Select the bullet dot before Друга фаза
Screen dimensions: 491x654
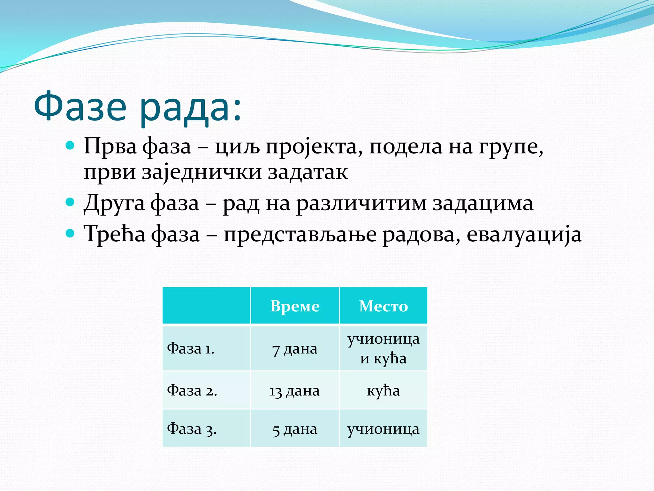[70, 202]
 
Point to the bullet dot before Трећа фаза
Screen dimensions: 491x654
[70, 233]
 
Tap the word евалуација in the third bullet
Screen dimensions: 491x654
[524, 235]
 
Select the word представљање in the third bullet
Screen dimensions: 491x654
[300, 235]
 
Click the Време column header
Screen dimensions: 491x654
[295, 306]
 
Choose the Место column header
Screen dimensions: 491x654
[383, 306]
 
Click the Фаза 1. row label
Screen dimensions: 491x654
[191, 348]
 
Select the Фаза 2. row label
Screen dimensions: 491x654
[192, 390]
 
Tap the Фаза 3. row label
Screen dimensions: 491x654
[192, 429]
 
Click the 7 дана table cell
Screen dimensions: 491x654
[295, 349]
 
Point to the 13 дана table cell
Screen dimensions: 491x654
[295, 391]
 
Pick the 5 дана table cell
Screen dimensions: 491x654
[295, 429]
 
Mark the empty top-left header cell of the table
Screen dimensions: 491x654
[206, 306]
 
